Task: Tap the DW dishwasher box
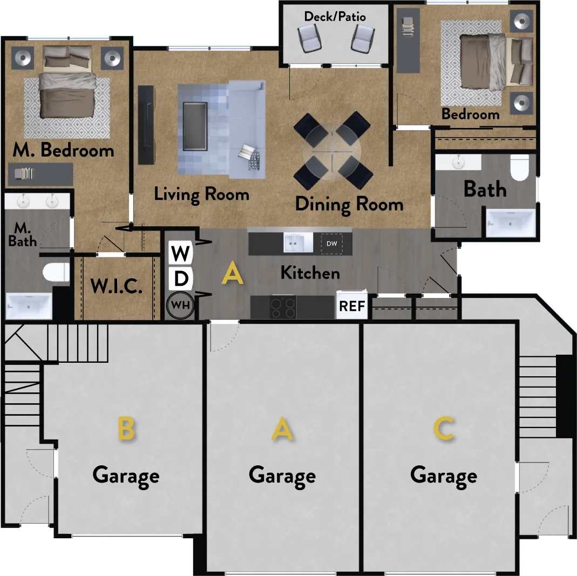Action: pos(331,243)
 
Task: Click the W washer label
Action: pos(180,253)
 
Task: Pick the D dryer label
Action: pos(181,279)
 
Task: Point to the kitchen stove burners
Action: pos(282,308)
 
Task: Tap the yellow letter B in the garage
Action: pos(126,430)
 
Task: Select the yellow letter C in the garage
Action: pos(444,430)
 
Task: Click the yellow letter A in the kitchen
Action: pos(233,274)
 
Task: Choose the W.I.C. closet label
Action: pos(116,287)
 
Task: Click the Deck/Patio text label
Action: pos(335,17)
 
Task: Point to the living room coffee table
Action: pos(195,126)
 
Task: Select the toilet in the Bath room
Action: pos(520,168)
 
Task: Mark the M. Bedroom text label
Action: pos(63,150)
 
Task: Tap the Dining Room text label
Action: pos(349,204)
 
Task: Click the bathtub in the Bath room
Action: pos(511,223)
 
